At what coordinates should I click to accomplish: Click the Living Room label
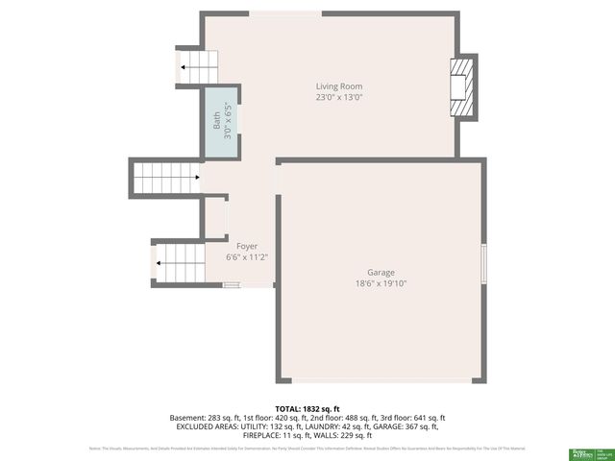tap(339, 86)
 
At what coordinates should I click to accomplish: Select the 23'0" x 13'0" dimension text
tap(339, 97)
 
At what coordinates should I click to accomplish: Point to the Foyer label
tap(247, 247)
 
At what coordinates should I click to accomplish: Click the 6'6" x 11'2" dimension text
tap(247, 257)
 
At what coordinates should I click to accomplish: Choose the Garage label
tap(381, 272)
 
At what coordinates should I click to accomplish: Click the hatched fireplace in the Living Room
tap(464, 86)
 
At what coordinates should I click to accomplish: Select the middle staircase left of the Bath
tap(166, 178)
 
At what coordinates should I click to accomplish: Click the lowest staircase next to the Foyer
tap(180, 261)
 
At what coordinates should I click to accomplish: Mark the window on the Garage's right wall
tap(483, 261)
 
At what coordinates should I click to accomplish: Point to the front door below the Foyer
tap(232, 284)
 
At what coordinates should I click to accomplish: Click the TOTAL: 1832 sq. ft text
tap(307, 409)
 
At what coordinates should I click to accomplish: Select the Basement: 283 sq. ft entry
tap(205, 418)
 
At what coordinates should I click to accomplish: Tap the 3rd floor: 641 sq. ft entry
tap(412, 418)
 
